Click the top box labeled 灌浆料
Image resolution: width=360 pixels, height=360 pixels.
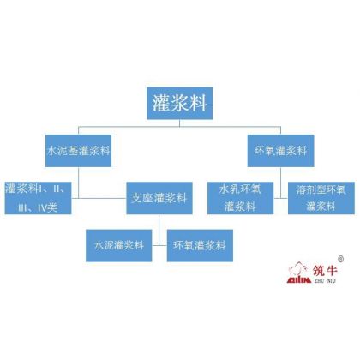click(x=179, y=103)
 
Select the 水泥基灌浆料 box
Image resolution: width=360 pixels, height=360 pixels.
click(x=78, y=151)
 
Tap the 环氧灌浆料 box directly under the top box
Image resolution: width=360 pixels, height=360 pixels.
click(x=280, y=151)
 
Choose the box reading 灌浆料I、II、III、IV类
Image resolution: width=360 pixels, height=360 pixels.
click(x=38, y=198)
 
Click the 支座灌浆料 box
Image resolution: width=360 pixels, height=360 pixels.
click(x=159, y=198)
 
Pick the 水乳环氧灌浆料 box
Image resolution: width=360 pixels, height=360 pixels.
click(x=240, y=198)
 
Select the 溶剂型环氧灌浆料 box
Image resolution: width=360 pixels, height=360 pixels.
click(x=321, y=198)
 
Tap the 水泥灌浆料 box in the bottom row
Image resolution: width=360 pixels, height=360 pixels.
click(x=119, y=245)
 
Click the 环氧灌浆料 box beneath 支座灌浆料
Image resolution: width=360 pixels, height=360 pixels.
click(x=200, y=245)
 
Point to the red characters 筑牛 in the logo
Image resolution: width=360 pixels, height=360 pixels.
click(x=325, y=270)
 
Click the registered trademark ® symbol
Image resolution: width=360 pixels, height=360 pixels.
click(x=340, y=259)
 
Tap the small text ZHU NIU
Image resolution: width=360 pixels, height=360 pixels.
click(x=325, y=280)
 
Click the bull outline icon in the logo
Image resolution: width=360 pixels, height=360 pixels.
click(x=298, y=268)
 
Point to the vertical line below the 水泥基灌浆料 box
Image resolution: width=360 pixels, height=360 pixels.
click(x=79, y=183)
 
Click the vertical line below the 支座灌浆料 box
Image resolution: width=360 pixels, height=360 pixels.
click(x=159, y=230)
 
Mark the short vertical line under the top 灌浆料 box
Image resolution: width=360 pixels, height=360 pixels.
click(x=179, y=123)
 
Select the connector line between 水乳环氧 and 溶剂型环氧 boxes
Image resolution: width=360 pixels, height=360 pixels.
click(x=280, y=198)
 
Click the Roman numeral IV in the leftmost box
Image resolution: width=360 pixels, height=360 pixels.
click(x=43, y=207)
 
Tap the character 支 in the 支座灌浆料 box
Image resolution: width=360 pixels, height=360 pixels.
click(x=136, y=198)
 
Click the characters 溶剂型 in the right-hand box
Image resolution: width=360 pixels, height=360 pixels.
click(x=311, y=189)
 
